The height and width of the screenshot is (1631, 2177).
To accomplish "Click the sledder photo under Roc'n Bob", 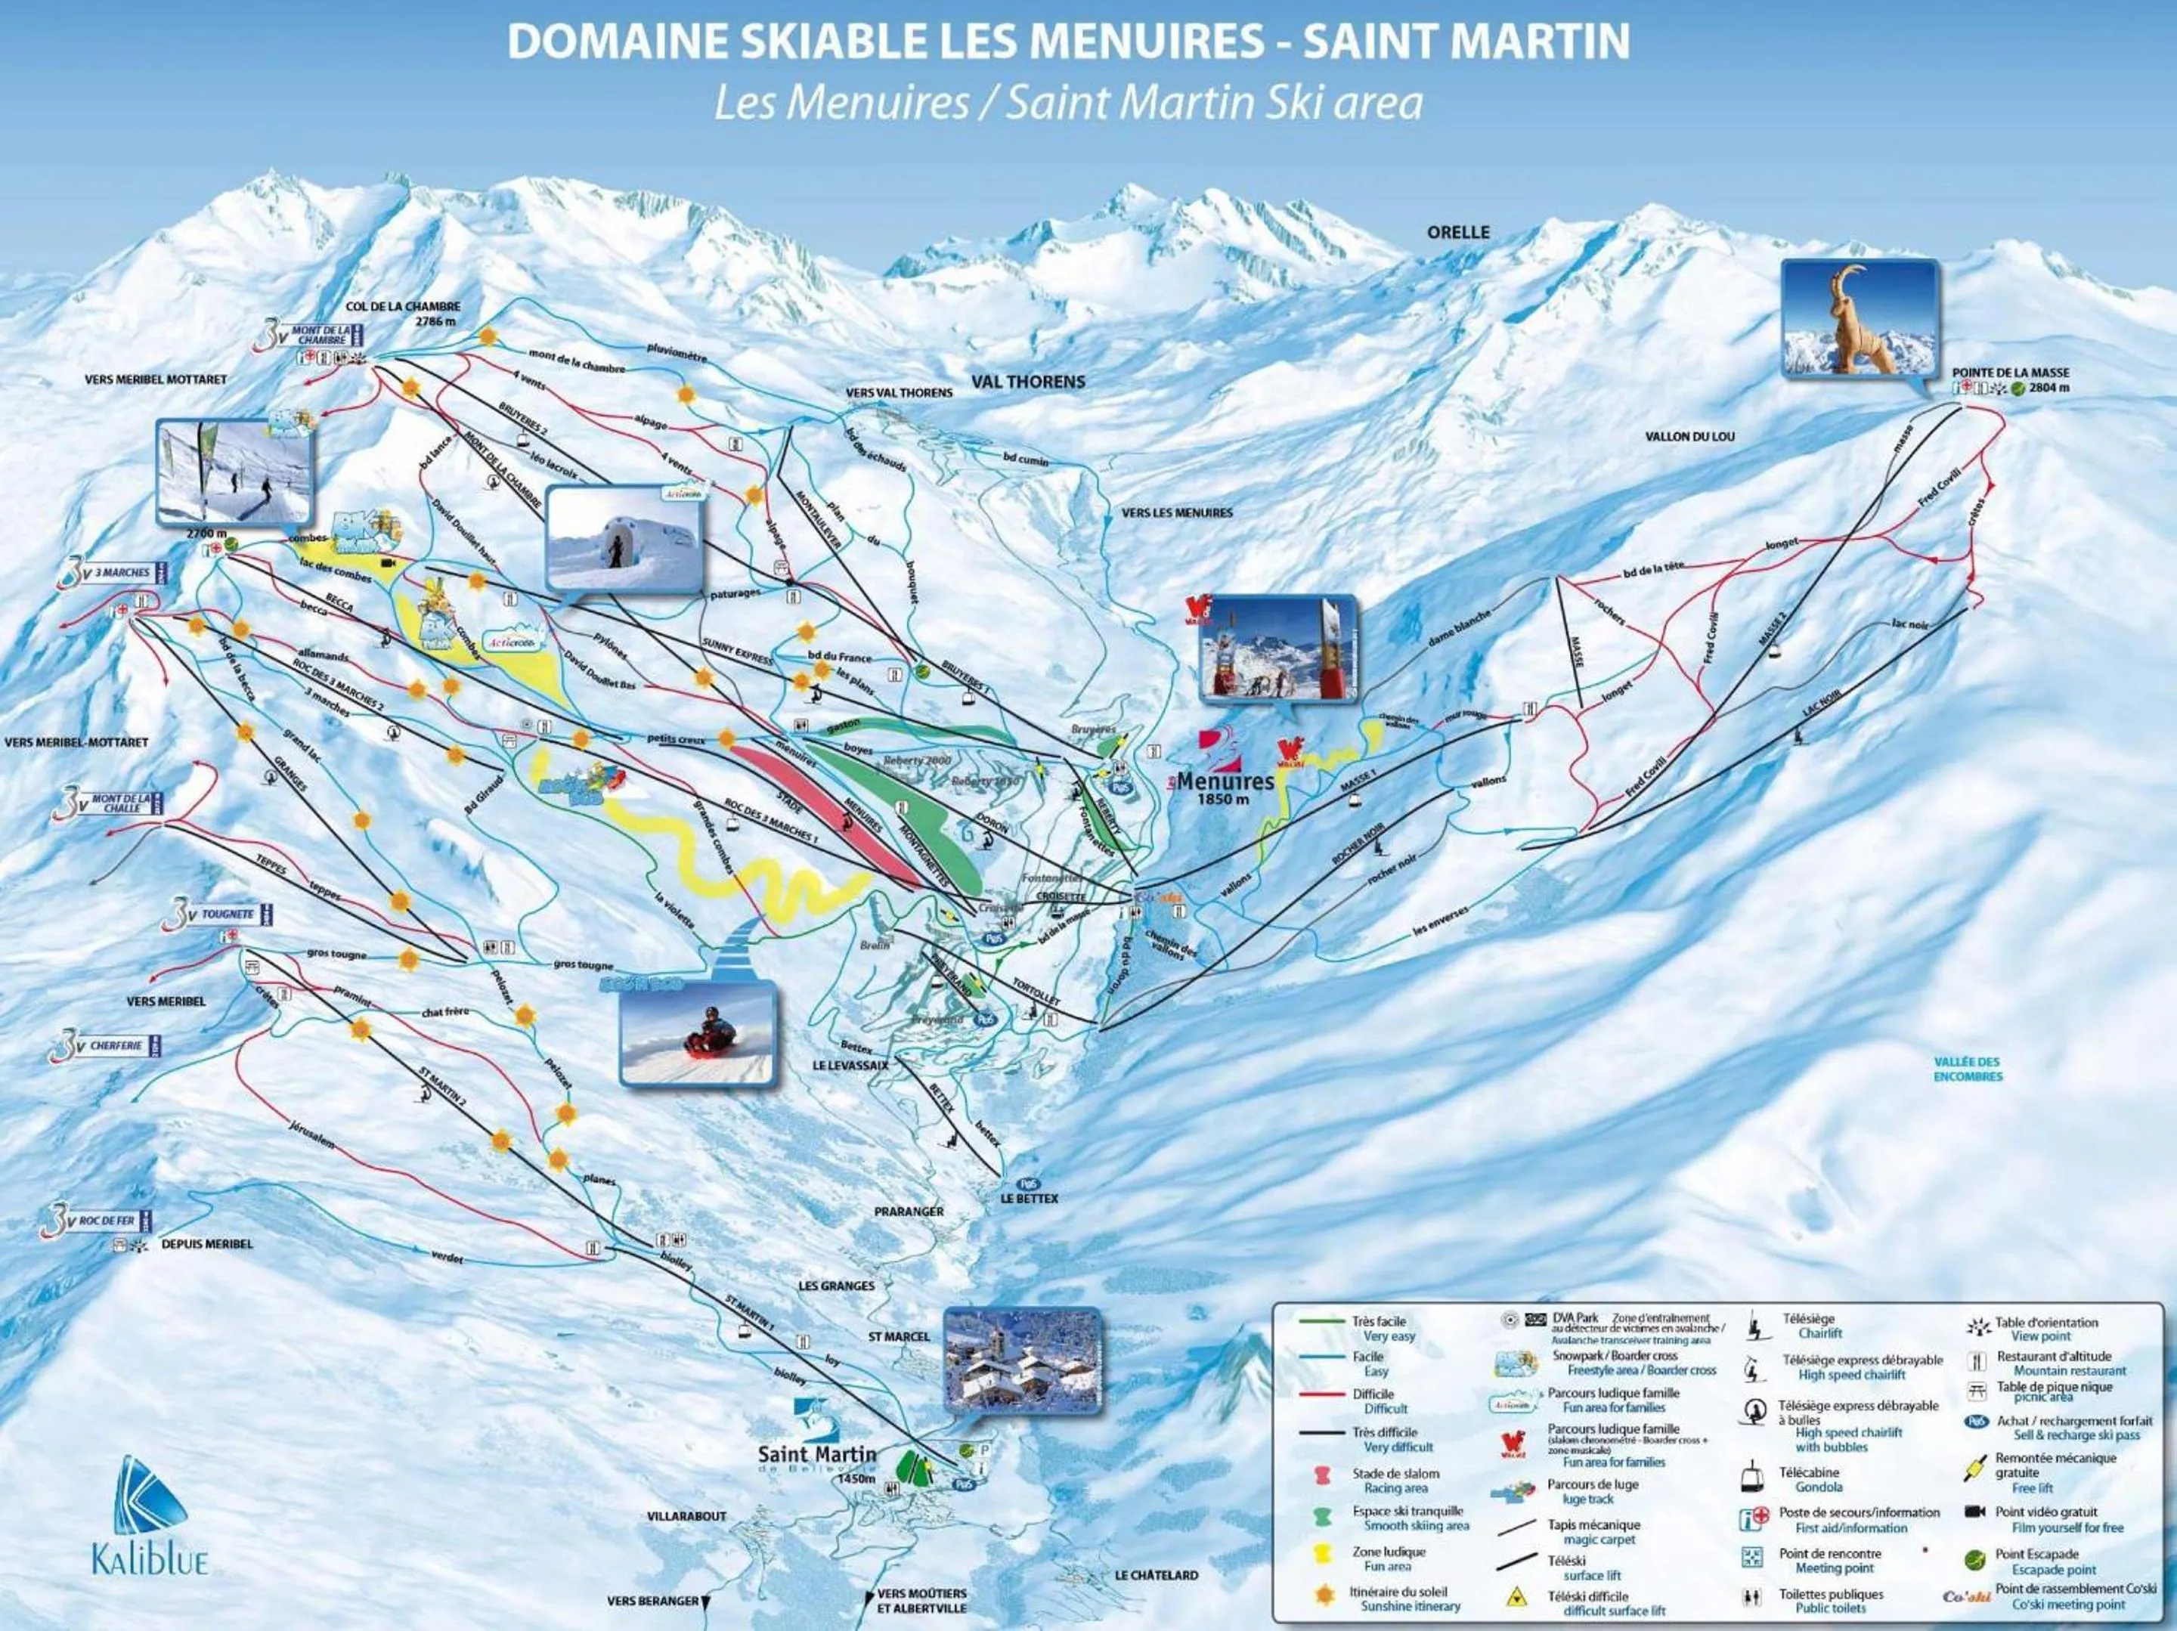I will pyautogui.click(x=697, y=1035).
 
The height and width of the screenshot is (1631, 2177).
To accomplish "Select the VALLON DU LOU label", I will pyautogui.click(x=1690, y=436).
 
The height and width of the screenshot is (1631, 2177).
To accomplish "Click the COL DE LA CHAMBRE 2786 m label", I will pyautogui.click(x=403, y=313).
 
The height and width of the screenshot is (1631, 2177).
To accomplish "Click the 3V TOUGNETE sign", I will pyautogui.click(x=221, y=915).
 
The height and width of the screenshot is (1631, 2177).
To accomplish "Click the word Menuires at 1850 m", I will pyautogui.click(x=1225, y=781).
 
